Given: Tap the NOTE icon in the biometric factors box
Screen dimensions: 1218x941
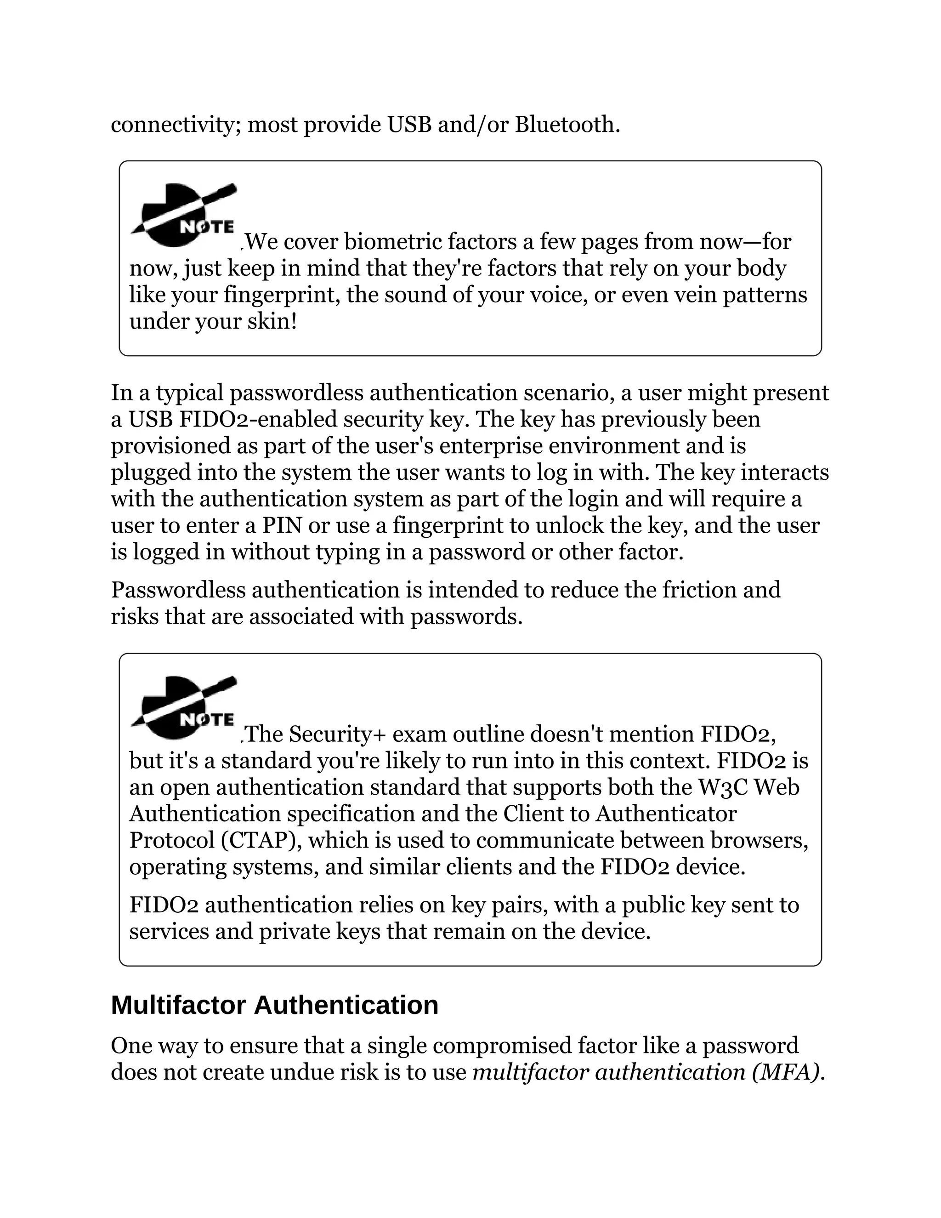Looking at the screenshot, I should click(x=183, y=215).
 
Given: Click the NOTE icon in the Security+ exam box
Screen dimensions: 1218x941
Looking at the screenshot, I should click(x=183, y=708).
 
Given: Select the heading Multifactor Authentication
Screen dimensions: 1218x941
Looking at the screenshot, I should click(x=274, y=1005).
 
